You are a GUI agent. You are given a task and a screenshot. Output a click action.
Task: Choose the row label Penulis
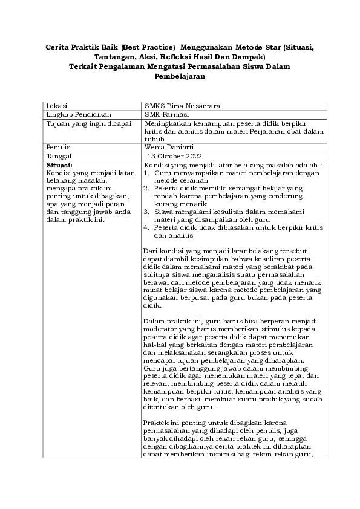click(x=59, y=147)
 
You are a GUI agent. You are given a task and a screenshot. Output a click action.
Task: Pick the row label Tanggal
click(x=60, y=155)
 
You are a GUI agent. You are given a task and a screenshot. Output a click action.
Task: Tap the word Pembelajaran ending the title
click(x=180, y=77)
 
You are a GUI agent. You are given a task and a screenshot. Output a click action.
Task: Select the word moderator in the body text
click(x=162, y=329)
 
